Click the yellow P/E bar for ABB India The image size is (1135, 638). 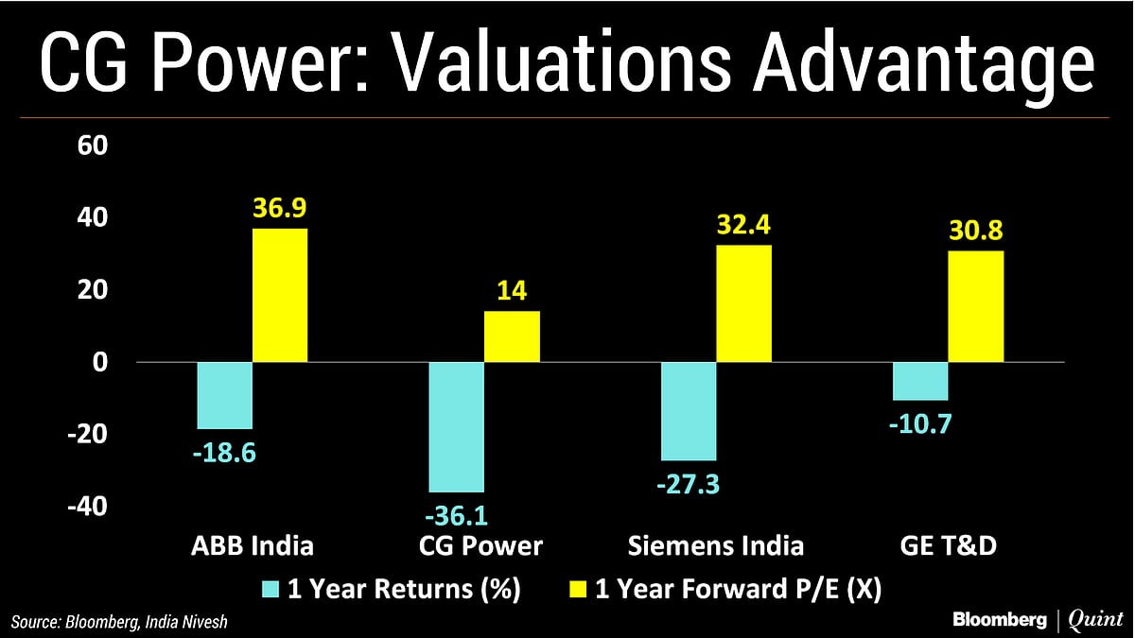[x=280, y=295]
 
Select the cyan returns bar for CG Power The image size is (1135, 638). [x=456, y=426]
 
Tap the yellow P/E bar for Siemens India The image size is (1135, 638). [x=744, y=303]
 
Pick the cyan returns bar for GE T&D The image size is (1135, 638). [x=920, y=381]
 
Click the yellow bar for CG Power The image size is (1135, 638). [x=512, y=336]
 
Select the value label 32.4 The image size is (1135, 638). [x=744, y=226]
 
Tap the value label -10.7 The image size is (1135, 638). [x=920, y=423]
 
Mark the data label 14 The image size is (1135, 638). [x=512, y=292]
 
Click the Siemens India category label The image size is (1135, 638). [x=716, y=545]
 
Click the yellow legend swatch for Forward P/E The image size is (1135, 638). [x=574, y=591]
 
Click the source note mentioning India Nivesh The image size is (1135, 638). [x=121, y=621]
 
